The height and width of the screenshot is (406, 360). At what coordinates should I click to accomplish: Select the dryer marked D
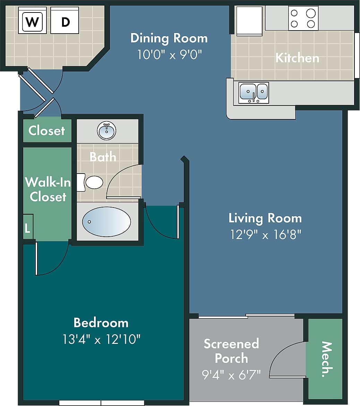pyautogui.click(x=65, y=23)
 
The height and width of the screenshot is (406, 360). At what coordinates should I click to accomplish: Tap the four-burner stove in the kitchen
pyautogui.click(x=303, y=18)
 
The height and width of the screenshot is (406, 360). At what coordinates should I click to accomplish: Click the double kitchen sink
pyautogui.click(x=254, y=93)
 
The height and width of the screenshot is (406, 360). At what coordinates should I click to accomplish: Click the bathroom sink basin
pyautogui.click(x=106, y=131)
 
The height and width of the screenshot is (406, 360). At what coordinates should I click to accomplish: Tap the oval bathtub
pyautogui.click(x=106, y=221)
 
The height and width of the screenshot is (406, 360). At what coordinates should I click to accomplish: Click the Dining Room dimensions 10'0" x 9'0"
pyautogui.click(x=169, y=55)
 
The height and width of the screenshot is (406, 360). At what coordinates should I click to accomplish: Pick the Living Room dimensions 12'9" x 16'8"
pyautogui.click(x=265, y=235)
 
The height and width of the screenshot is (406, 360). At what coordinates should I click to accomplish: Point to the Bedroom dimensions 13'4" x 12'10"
pyautogui.click(x=101, y=339)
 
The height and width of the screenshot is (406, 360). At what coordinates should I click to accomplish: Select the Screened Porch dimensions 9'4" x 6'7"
pyautogui.click(x=231, y=374)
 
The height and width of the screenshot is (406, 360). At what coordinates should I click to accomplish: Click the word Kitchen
pyautogui.click(x=297, y=58)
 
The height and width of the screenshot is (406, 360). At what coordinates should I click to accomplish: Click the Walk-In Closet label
pyautogui.click(x=48, y=189)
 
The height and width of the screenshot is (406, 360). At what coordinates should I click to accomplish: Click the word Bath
pyautogui.click(x=103, y=157)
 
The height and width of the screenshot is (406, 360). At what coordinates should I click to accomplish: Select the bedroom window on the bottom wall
pyautogui.click(x=101, y=403)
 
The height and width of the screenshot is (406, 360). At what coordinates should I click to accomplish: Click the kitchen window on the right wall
pyautogui.click(x=357, y=56)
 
